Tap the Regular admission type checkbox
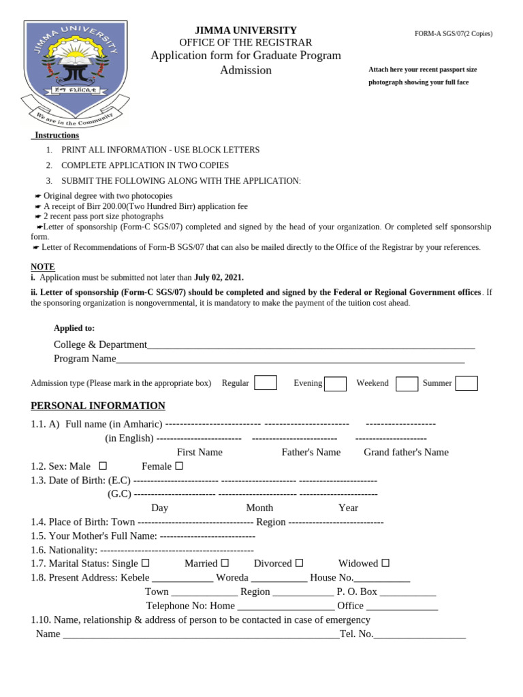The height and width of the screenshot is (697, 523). [x=265, y=383]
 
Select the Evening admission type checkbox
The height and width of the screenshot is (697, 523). [x=335, y=384]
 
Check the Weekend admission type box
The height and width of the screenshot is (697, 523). [x=407, y=384]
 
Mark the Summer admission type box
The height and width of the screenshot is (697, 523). [x=466, y=383]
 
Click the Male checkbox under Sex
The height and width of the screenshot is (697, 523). [x=103, y=466]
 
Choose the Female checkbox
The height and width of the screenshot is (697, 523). [x=179, y=466]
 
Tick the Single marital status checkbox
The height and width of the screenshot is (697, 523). [x=145, y=564]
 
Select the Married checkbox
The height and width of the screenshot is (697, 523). [x=225, y=564]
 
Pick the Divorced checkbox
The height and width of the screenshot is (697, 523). [x=299, y=564]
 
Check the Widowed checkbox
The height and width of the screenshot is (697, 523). [x=385, y=564]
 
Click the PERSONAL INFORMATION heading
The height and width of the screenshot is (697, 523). [x=98, y=406]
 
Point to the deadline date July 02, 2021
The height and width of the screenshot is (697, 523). [x=219, y=278]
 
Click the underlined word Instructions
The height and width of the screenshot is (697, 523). [x=57, y=135]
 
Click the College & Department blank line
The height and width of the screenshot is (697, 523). [x=311, y=346]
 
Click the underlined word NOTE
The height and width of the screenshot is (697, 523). [x=43, y=267]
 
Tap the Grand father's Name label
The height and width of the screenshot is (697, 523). [x=406, y=452]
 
